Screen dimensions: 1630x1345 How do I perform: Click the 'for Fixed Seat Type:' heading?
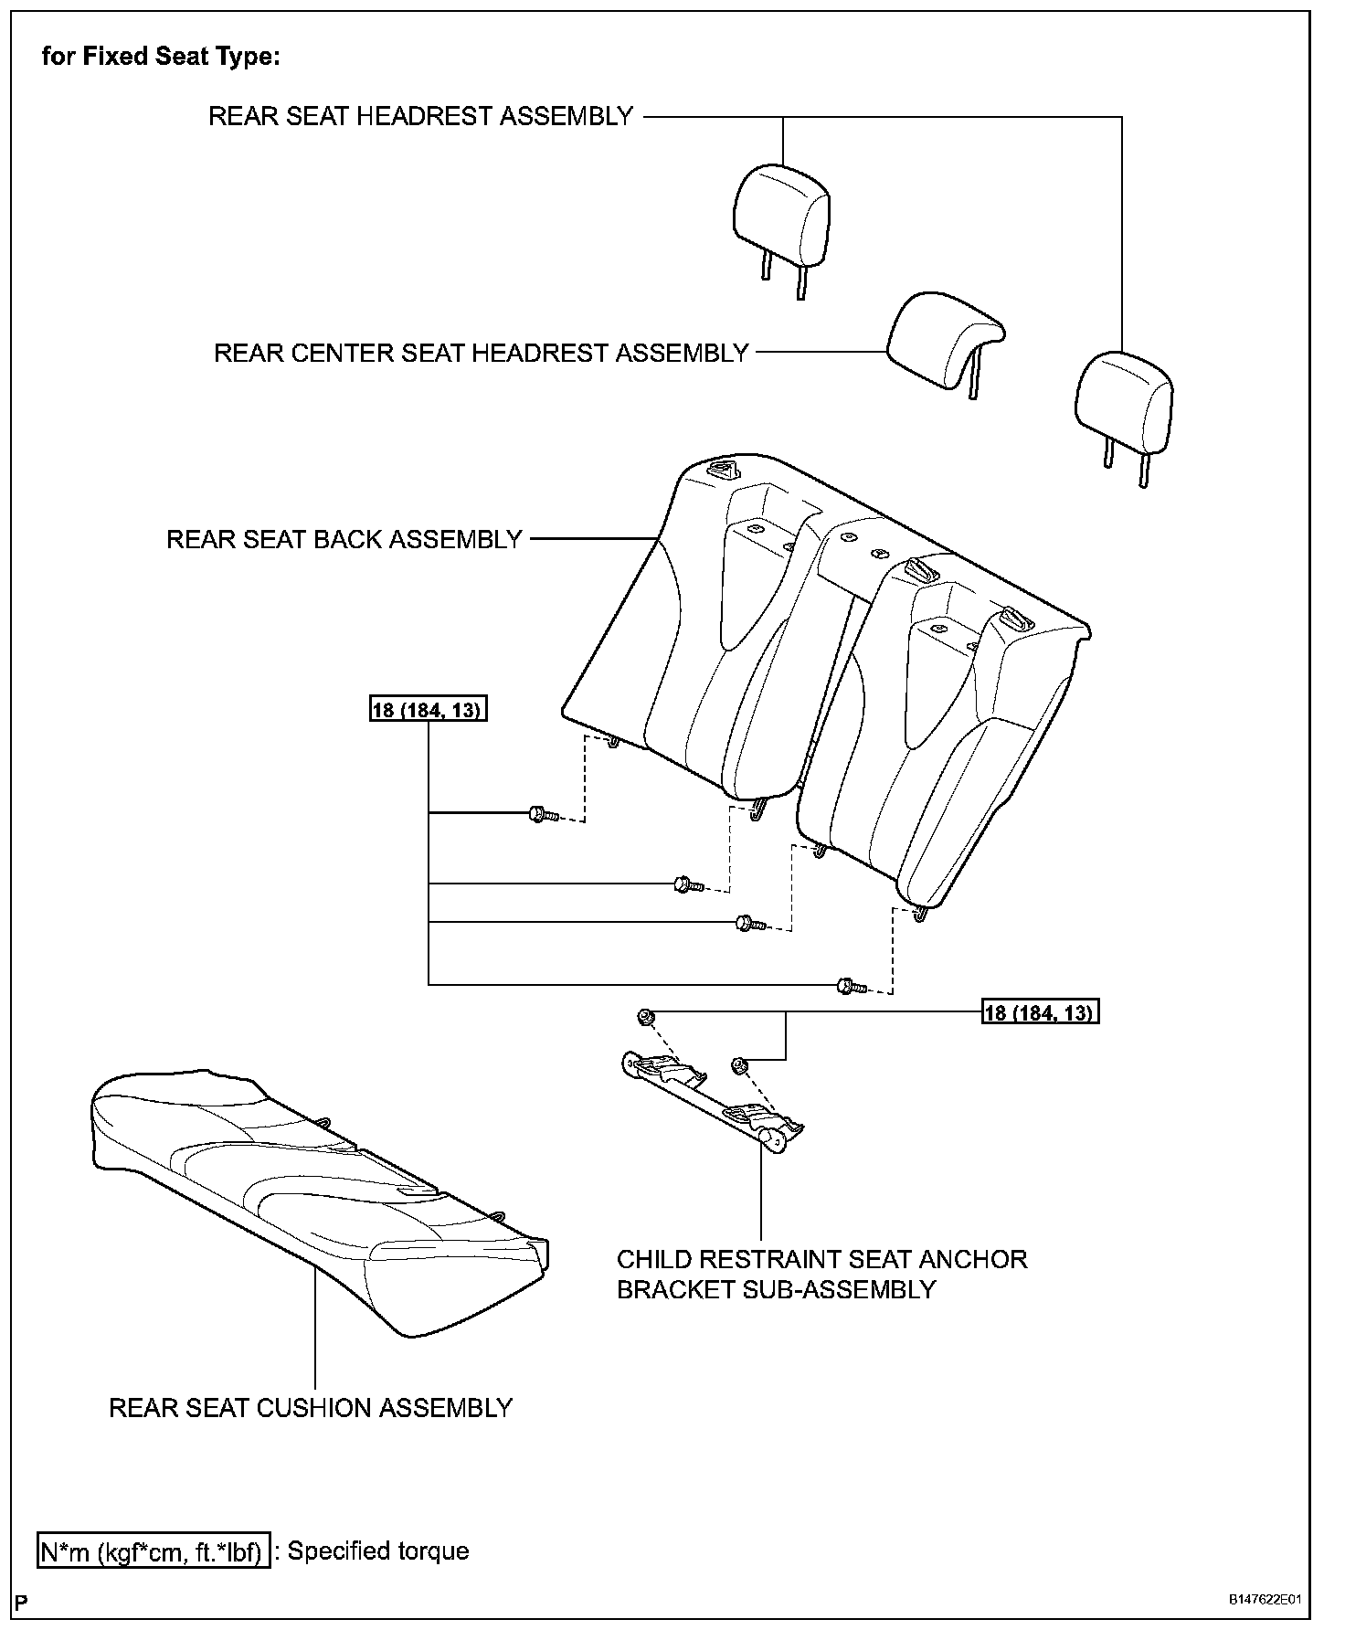[x=161, y=57]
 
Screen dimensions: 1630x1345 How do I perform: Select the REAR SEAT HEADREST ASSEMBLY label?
[x=420, y=117]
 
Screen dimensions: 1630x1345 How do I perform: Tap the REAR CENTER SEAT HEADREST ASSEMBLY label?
[x=481, y=354]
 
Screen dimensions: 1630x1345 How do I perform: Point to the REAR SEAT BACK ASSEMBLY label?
[x=344, y=539]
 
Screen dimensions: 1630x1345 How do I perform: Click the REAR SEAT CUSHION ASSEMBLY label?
[x=311, y=1408]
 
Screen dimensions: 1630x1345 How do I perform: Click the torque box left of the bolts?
[x=429, y=710]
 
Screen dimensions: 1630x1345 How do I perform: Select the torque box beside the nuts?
[x=1040, y=1012]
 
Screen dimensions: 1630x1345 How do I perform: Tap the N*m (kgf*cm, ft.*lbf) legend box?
[x=154, y=1551]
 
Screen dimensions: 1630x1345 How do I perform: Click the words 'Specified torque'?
[x=378, y=1551]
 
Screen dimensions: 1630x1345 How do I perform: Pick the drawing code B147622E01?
[x=1265, y=1601]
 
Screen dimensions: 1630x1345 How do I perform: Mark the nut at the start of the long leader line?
[x=644, y=1017]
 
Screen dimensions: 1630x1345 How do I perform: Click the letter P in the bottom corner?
[x=21, y=1603]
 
